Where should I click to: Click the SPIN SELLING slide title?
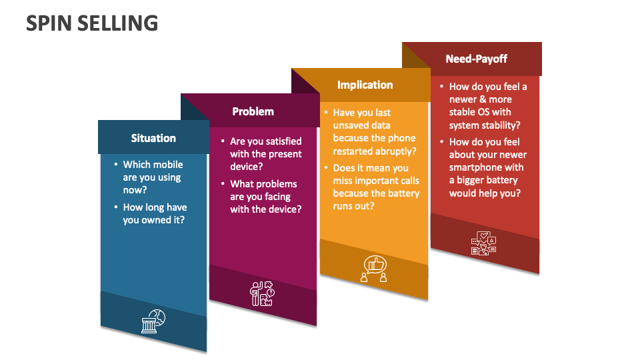(x=92, y=23)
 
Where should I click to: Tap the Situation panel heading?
(x=153, y=138)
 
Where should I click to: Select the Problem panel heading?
(x=253, y=111)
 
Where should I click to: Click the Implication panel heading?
(x=365, y=85)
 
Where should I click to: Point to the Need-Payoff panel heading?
(x=476, y=59)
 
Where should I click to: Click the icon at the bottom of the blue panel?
(x=153, y=321)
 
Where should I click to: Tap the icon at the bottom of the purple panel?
(x=261, y=293)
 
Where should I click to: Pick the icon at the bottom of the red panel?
(x=484, y=243)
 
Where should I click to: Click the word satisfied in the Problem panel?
(x=277, y=141)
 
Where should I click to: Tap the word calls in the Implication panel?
(x=406, y=181)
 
